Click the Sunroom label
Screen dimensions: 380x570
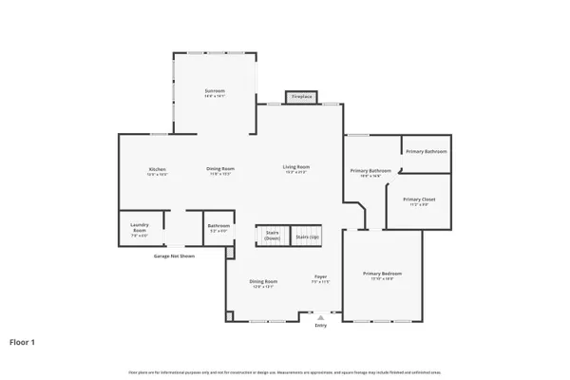click(x=214, y=90)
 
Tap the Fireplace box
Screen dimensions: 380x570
click(x=301, y=97)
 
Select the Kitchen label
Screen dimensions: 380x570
click(x=157, y=169)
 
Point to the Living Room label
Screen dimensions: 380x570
click(x=296, y=167)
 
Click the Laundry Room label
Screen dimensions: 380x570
click(x=139, y=227)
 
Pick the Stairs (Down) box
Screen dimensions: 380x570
click(x=272, y=236)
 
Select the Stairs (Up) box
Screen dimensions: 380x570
click(x=307, y=236)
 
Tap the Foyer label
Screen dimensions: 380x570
click(x=321, y=276)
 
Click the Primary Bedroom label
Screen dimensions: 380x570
click(x=377, y=274)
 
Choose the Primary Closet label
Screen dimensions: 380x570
click(x=419, y=199)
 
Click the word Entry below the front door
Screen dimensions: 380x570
click(x=320, y=326)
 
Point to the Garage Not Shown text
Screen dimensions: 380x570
click(x=174, y=256)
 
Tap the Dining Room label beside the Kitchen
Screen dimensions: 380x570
click(x=220, y=169)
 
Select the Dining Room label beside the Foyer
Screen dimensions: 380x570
click(x=263, y=281)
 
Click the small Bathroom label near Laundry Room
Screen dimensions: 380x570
click(x=218, y=225)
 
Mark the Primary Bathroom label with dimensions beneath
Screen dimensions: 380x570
click(x=370, y=170)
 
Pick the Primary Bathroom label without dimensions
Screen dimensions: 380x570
click(x=427, y=152)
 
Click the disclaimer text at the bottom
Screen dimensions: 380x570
click(x=285, y=370)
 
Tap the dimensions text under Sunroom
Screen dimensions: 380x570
click(x=214, y=96)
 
